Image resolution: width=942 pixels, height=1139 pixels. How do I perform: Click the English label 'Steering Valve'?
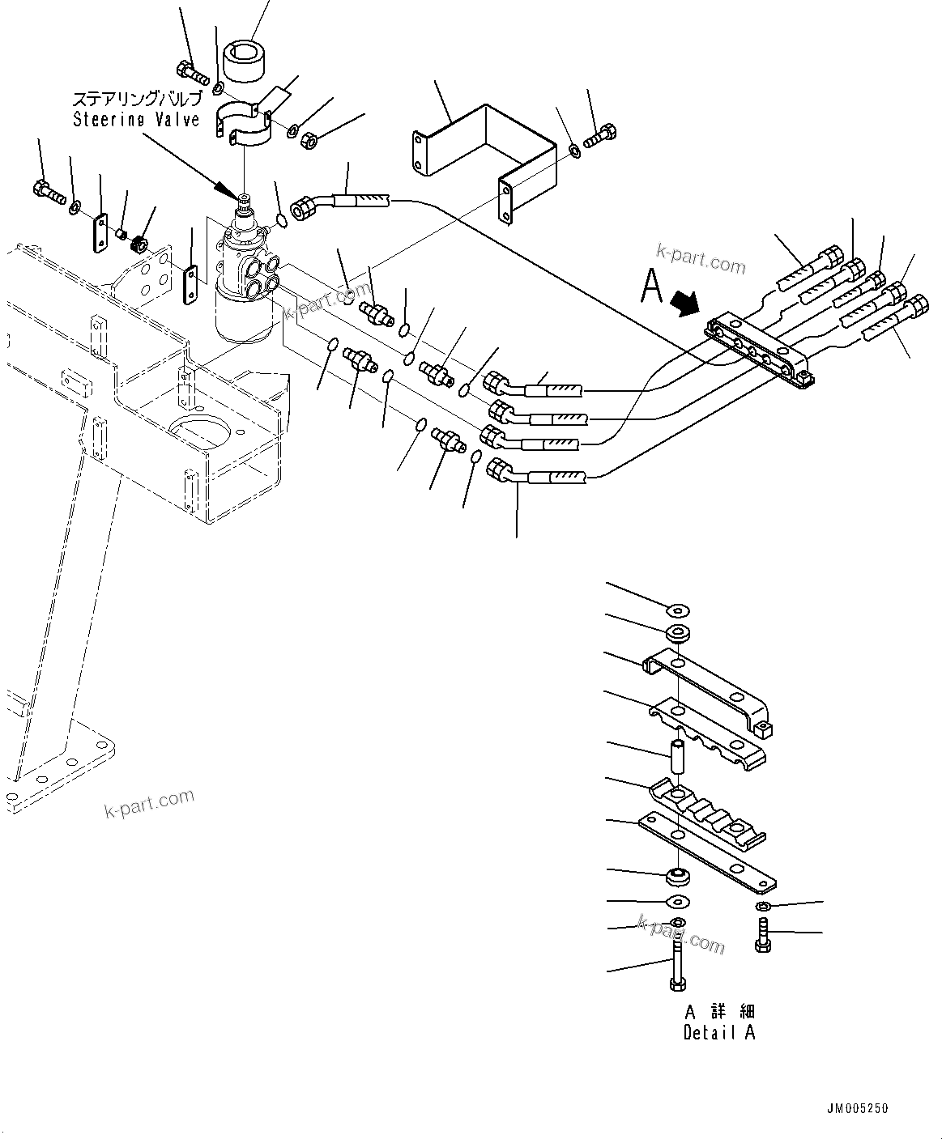[x=135, y=119]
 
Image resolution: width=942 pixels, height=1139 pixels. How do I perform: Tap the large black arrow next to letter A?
[x=685, y=302]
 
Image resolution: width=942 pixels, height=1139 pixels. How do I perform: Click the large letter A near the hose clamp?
[x=652, y=286]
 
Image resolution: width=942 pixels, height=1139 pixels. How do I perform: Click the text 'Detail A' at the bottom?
[x=719, y=1033]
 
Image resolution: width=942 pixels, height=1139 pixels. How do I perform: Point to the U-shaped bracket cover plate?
[x=483, y=154]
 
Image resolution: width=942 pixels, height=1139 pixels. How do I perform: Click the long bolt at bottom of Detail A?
[x=677, y=963]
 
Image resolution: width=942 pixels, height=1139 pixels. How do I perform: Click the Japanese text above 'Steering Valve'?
[x=135, y=99]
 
